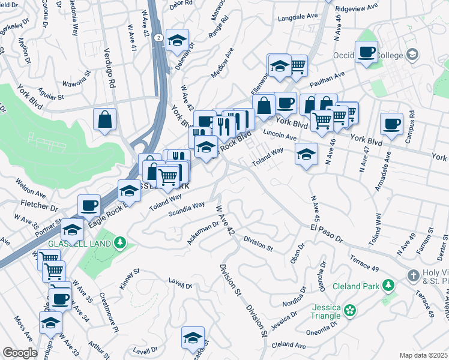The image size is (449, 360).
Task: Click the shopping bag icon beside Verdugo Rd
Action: [x=105, y=119]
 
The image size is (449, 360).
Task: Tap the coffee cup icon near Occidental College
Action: [x=366, y=52]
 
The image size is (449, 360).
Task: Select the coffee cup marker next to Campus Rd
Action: [x=391, y=124]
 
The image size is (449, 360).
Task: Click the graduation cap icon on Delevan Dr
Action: [x=176, y=40]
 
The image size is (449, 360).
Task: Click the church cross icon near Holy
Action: [x=413, y=275]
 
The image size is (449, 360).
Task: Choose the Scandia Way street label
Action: [x=186, y=209]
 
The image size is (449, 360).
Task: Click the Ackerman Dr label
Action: [x=203, y=232]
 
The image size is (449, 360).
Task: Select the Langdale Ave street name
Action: [x=298, y=19]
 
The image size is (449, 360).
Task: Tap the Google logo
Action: [x=20, y=353]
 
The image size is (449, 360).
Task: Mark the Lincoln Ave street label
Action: [x=280, y=134]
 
